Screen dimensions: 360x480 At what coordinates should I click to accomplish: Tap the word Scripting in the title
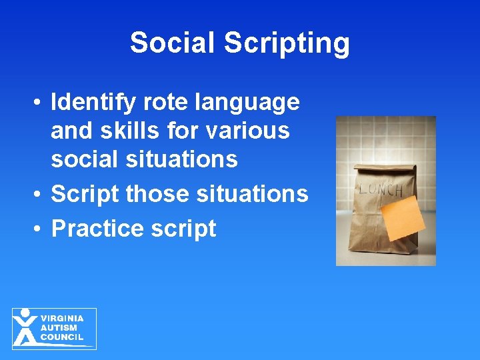pos(287,44)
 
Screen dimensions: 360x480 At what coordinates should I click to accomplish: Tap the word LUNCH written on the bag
pos(381,189)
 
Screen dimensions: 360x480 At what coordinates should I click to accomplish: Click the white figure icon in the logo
pos(25,327)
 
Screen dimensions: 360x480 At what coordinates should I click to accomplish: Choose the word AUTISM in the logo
pos(59,328)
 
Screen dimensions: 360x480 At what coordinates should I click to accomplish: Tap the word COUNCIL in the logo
pos(62,337)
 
